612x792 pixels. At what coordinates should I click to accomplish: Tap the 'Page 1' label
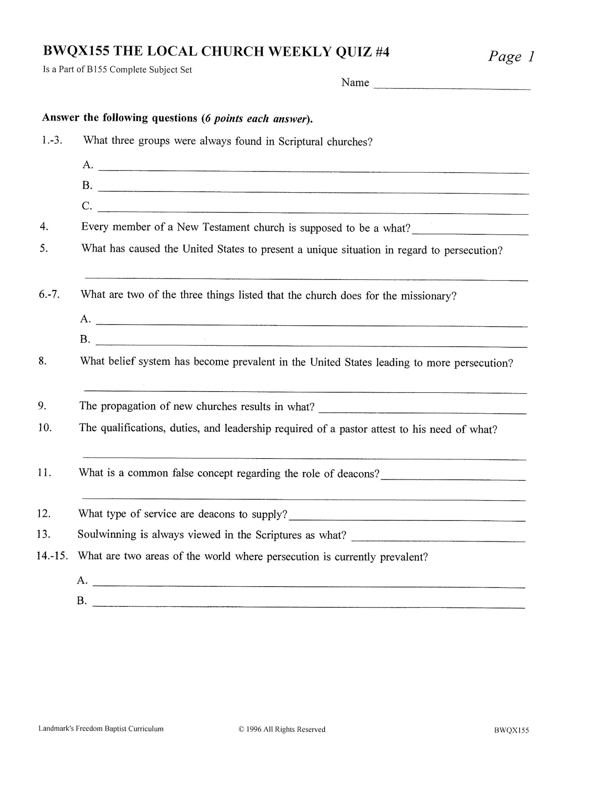coord(511,57)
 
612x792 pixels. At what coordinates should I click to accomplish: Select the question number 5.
coord(44,249)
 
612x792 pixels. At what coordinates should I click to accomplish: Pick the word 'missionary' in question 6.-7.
coord(428,296)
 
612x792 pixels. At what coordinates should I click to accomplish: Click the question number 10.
coord(45,427)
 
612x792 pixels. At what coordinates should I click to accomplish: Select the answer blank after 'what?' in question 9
coord(422,413)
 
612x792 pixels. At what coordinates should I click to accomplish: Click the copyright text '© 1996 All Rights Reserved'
coord(282,729)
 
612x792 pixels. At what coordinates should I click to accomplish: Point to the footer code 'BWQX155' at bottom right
coord(511,730)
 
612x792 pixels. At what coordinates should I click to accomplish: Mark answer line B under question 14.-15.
coord(309,606)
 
